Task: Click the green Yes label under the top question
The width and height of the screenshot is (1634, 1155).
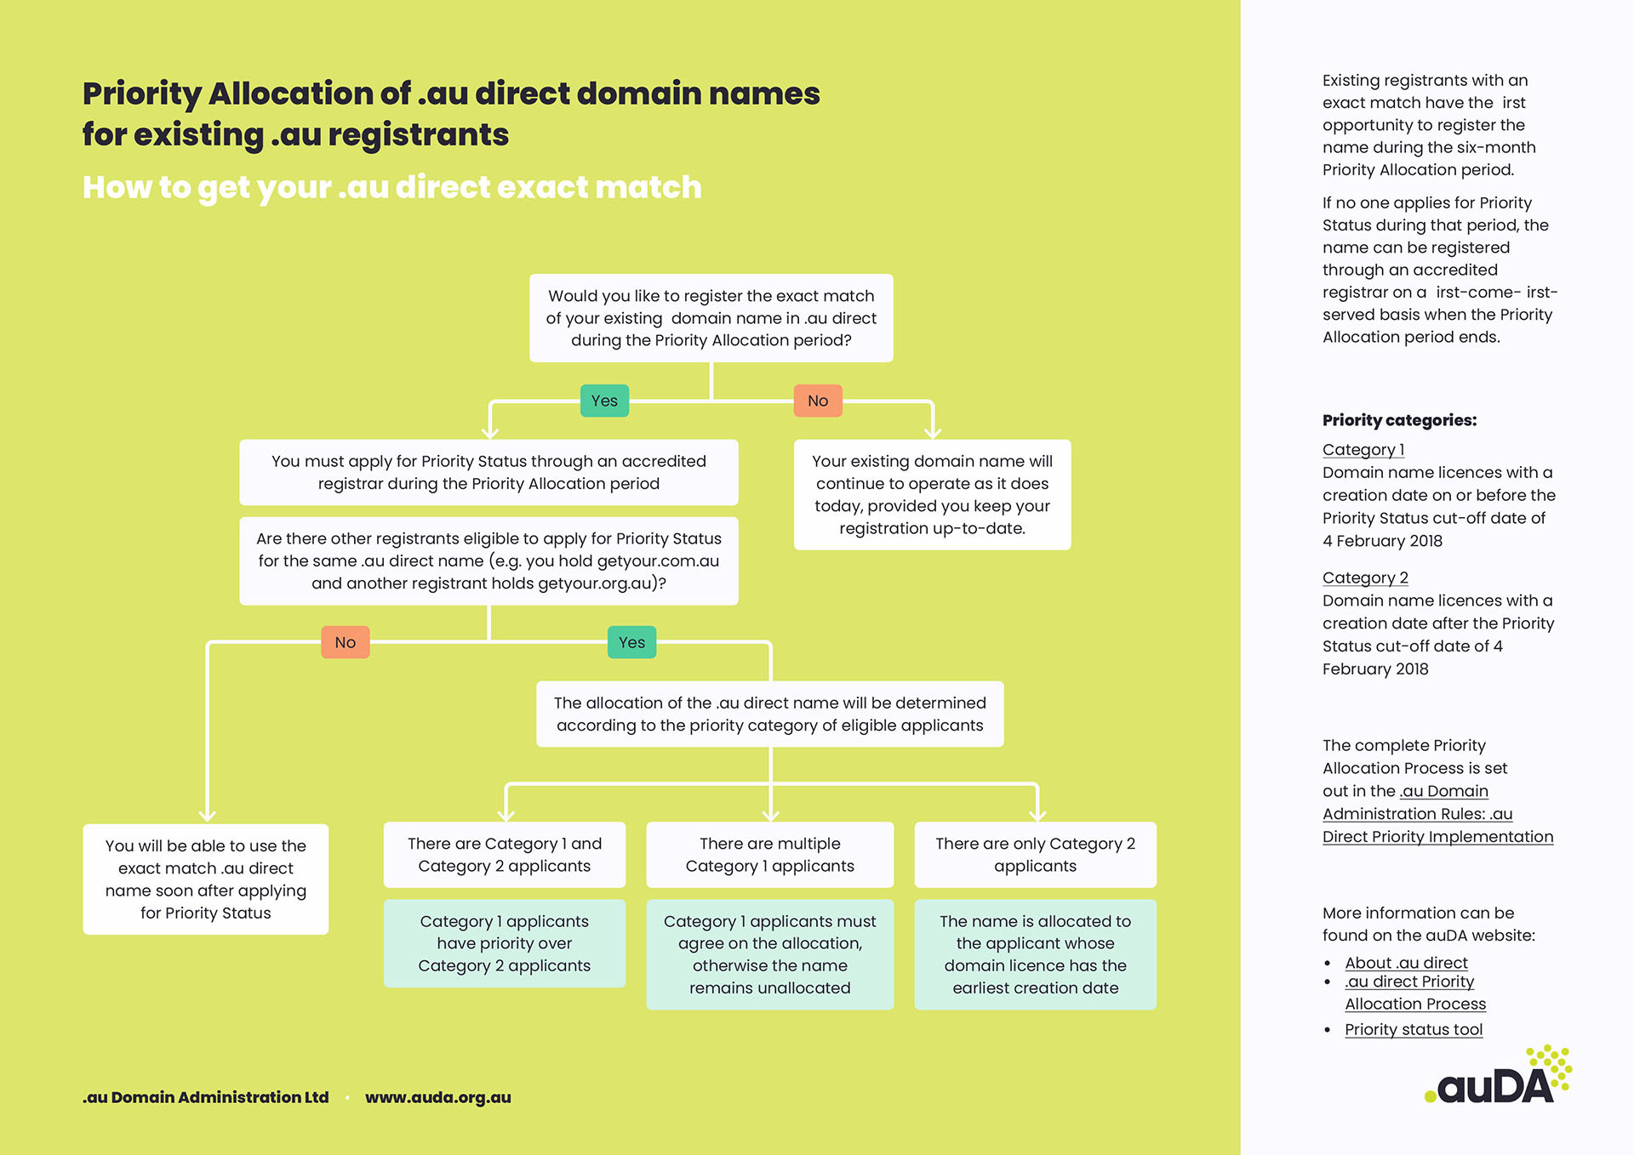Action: (x=604, y=401)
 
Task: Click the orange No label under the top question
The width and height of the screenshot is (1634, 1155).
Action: (x=818, y=401)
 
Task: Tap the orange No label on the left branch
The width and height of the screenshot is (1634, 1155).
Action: (x=345, y=642)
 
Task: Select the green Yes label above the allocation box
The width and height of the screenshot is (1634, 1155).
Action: (x=631, y=642)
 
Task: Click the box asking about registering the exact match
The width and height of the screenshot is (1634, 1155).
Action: (x=711, y=318)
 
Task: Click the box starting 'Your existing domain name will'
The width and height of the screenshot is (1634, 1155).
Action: (x=932, y=494)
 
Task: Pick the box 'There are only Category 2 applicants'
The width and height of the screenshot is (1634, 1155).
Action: (x=1035, y=855)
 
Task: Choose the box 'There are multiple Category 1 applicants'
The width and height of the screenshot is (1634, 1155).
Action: (x=769, y=855)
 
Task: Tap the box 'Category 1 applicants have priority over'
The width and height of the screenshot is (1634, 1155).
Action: (x=504, y=943)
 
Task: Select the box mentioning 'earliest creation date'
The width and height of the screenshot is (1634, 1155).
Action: (x=1035, y=954)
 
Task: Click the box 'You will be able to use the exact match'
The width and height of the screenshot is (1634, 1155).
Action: (x=206, y=879)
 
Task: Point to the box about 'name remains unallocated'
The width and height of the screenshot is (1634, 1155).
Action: (x=769, y=954)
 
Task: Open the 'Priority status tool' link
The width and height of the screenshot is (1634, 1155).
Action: (x=1414, y=1029)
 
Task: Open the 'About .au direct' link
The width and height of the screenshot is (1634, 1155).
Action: (x=1406, y=963)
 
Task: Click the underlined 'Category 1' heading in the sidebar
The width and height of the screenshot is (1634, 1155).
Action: (x=1363, y=449)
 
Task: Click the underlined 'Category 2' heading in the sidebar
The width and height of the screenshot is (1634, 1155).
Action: (x=1365, y=577)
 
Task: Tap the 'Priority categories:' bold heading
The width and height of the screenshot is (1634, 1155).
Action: (x=1399, y=420)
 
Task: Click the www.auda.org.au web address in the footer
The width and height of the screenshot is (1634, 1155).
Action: (x=438, y=1097)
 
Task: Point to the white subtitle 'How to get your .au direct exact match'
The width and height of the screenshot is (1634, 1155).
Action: (x=392, y=187)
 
